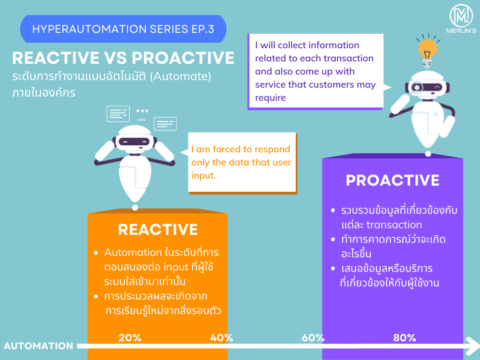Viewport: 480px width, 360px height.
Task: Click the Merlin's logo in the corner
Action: [461, 19]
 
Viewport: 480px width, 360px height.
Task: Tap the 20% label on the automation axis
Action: [130, 337]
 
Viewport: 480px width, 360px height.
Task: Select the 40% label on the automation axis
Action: [222, 337]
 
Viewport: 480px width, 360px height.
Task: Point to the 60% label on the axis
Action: [313, 337]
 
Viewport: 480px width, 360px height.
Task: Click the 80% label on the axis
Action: [405, 337]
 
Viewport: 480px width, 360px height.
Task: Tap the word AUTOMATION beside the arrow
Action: [38, 346]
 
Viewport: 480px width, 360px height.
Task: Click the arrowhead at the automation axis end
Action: [472, 346]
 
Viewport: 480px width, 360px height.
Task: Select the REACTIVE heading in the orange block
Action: [158, 230]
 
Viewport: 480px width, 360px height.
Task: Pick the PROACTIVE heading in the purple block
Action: [393, 180]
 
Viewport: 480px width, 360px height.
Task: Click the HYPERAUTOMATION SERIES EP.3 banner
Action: [123, 29]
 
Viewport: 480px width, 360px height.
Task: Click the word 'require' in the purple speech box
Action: [270, 98]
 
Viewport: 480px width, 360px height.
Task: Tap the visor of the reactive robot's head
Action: [134, 142]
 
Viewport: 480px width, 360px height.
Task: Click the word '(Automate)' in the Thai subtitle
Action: [180, 76]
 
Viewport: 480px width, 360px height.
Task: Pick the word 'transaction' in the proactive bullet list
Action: [394, 225]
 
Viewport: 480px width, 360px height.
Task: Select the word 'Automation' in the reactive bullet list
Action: [133, 253]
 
